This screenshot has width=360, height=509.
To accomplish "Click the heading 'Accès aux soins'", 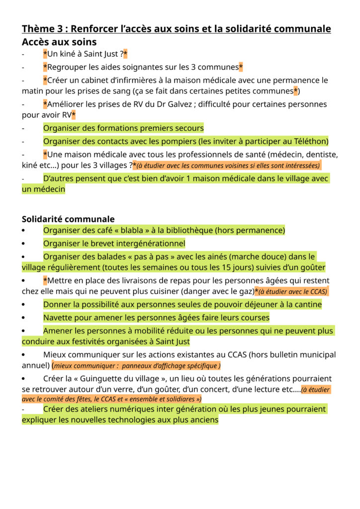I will coord(59,42).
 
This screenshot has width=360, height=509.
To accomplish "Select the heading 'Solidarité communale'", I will coord(68,219).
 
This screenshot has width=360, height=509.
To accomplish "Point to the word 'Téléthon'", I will coord(307,141).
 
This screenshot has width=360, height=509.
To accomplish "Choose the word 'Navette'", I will coord(58,317).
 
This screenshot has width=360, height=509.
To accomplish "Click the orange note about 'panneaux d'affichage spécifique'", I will coord(136,366).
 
